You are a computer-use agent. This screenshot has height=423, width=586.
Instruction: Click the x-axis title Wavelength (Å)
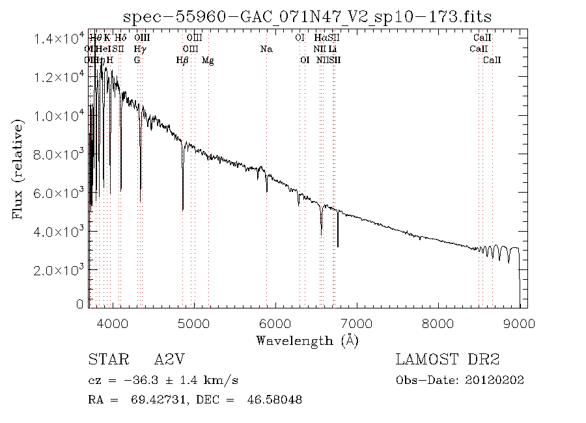pyautogui.click(x=307, y=340)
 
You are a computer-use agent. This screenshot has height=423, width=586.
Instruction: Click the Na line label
pyautogui.click(x=266, y=49)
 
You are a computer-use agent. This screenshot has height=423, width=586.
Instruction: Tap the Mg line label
pyautogui.click(x=208, y=61)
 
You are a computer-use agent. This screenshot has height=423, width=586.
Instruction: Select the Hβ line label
pyautogui.click(x=182, y=61)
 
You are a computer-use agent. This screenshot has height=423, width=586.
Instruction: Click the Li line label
pyautogui.click(x=332, y=49)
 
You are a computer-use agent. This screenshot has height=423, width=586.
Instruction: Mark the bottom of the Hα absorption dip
pyautogui.click(x=321, y=233)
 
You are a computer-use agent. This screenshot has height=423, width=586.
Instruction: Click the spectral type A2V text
pyautogui.click(x=168, y=360)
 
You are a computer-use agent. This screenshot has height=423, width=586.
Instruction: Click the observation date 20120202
pyautogui.click(x=495, y=380)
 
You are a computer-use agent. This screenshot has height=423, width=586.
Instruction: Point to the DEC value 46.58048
pyautogui.click(x=275, y=399)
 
